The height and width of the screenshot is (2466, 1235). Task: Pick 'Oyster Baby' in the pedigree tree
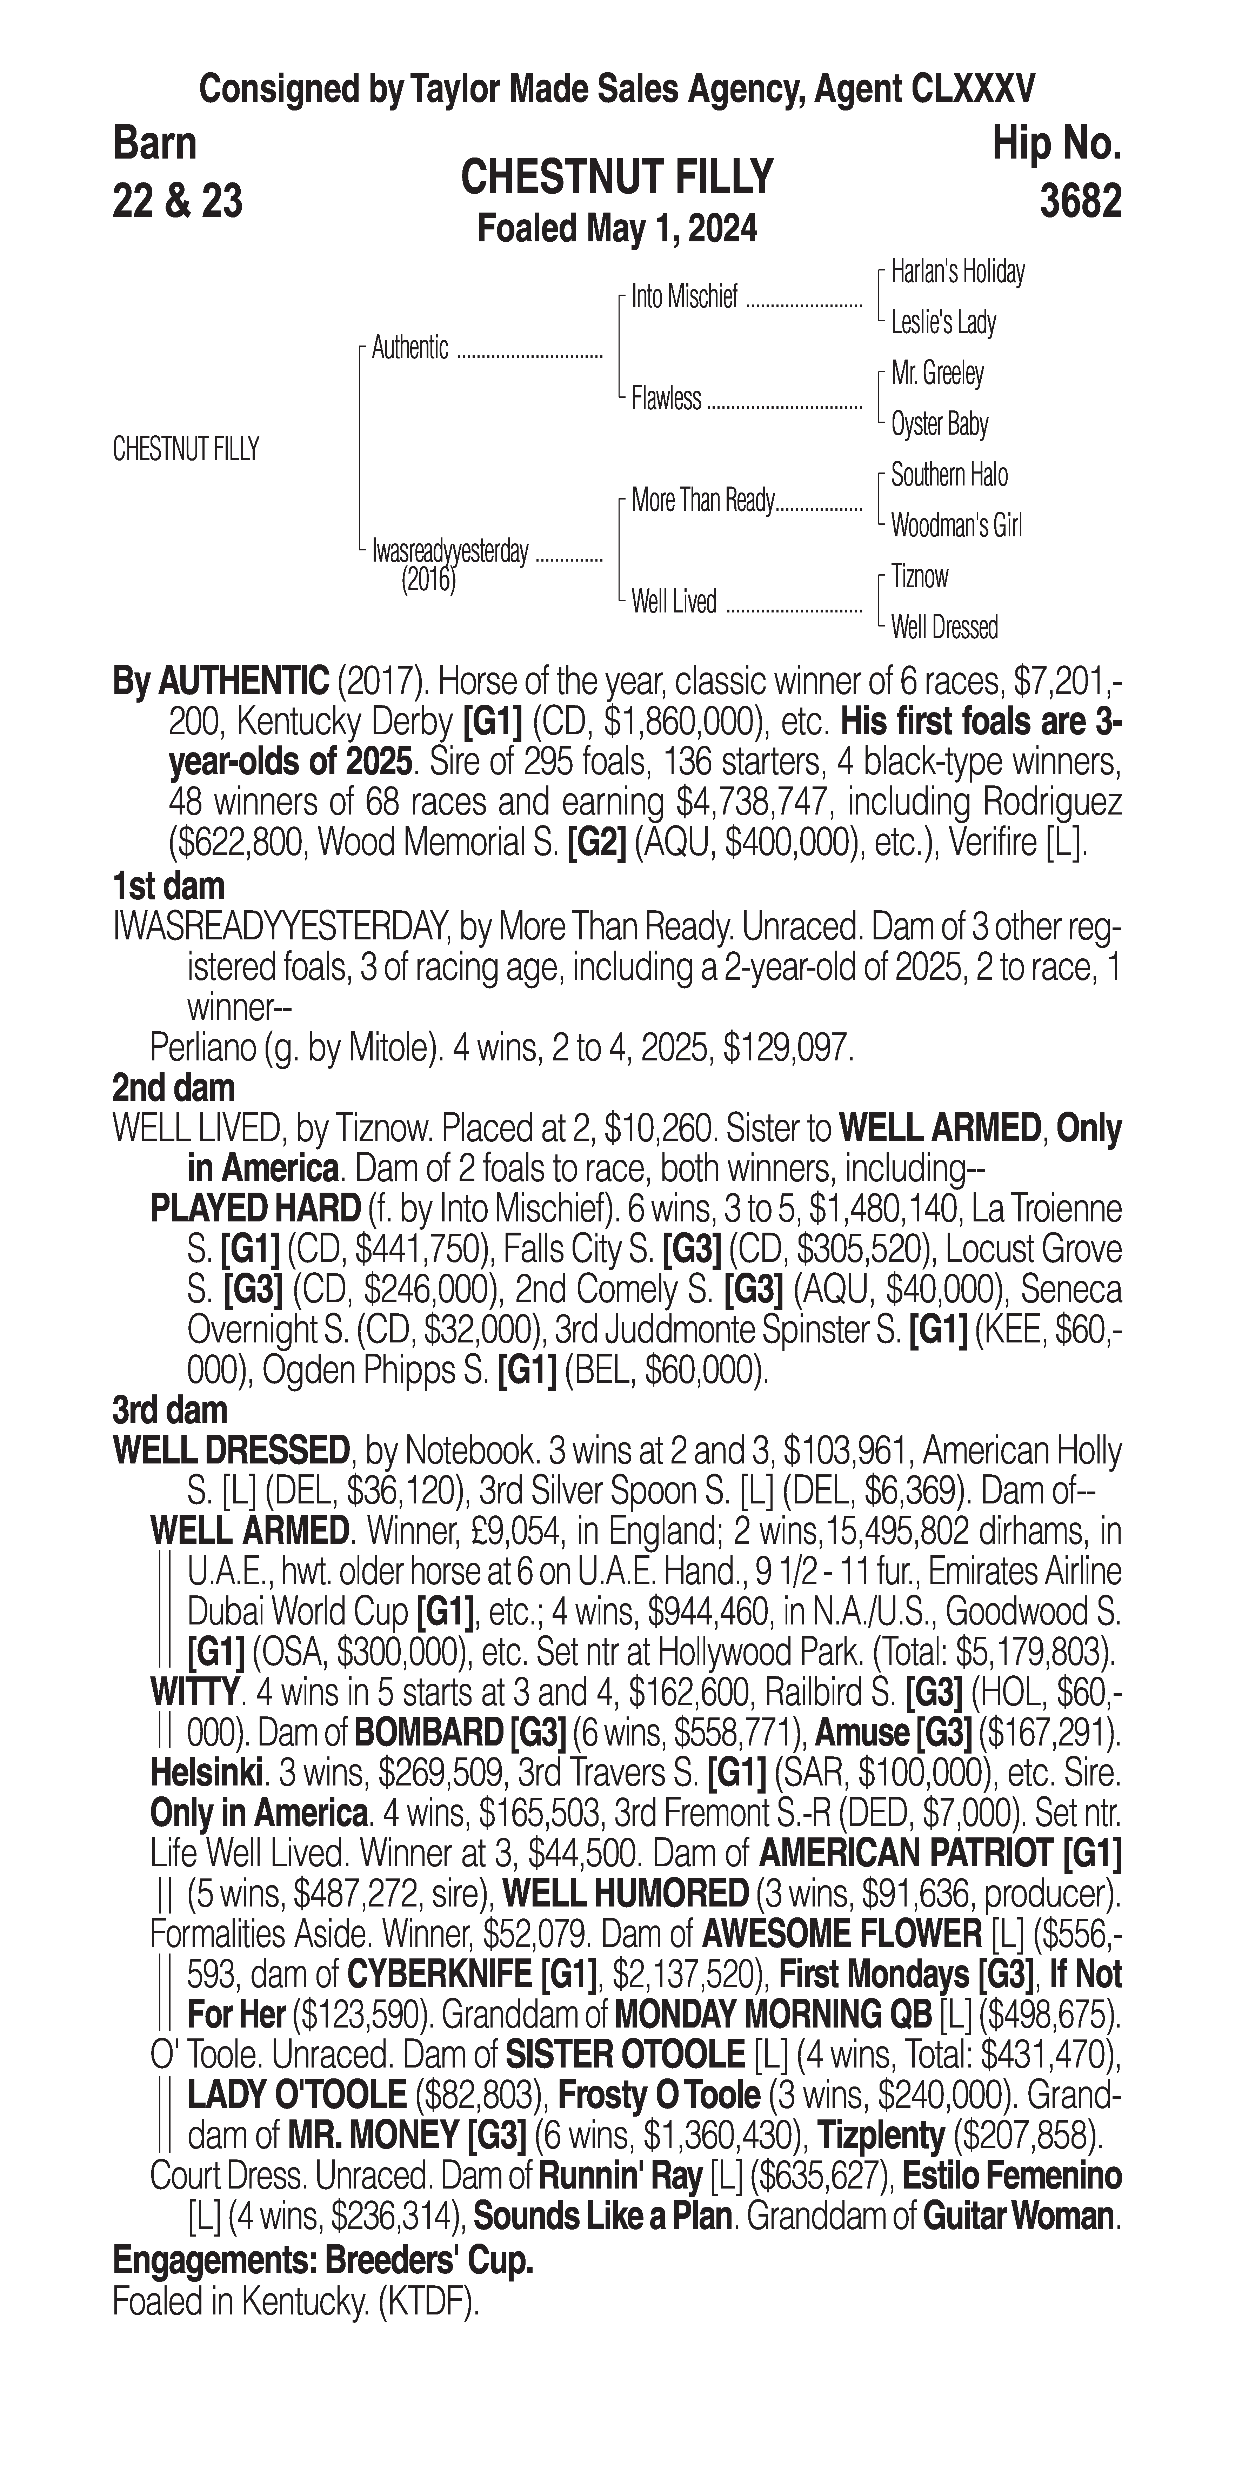(x=939, y=424)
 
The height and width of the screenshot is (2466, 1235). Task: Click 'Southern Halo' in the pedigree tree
(x=949, y=475)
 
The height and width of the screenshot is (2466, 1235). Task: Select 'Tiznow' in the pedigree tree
(x=919, y=576)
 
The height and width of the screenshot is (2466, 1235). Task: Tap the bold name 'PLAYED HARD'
(x=255, y=1209)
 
